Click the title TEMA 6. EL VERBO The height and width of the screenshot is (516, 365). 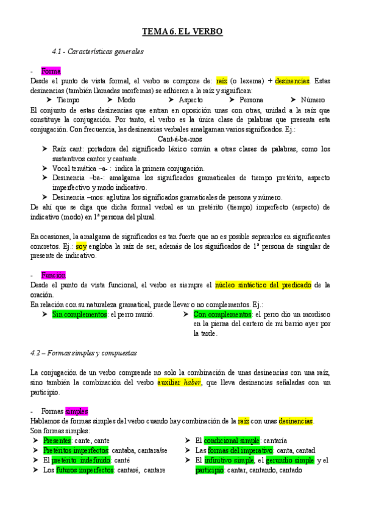click(x=182, y=31)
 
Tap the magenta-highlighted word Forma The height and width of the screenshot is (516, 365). click(x=51, y=71)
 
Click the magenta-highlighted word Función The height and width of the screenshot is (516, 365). click(x=53, y=275)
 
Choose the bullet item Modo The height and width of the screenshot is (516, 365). click(x=126, y=100)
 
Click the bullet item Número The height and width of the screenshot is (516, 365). click(x=313, y=100)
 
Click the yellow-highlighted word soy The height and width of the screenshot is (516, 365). click(x=82, y=246)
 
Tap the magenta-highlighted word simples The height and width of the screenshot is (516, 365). click(x=77, y=411)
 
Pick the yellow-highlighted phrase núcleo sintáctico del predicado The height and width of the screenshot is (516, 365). click(x=263, y=285)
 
